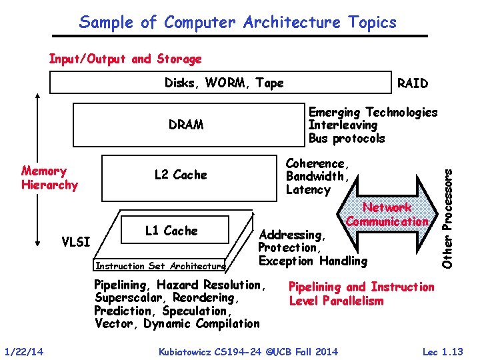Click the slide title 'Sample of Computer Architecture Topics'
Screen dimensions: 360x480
(237, 22)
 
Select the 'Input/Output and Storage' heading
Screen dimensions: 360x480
(125, 59)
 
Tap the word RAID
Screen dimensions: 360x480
(412, 83)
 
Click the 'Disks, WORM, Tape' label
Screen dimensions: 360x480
(224, 83)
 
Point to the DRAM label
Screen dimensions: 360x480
(186, 125)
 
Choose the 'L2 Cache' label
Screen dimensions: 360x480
(181, 175)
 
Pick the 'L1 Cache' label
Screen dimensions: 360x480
(171, 231)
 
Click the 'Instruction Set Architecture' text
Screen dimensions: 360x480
(161, 266)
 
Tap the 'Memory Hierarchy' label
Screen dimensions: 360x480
(49, 177)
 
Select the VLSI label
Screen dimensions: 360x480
(75, 241)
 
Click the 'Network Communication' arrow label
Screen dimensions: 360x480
(387, 215)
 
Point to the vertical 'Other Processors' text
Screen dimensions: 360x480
(450, 217)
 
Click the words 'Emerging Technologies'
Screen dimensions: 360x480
(373, 112)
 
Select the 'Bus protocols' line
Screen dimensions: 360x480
(347, 139)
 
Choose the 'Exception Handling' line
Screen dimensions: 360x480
(313, 260)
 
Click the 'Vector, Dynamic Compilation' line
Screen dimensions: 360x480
(177, 324)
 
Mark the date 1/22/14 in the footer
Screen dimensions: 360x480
(23, 351)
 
